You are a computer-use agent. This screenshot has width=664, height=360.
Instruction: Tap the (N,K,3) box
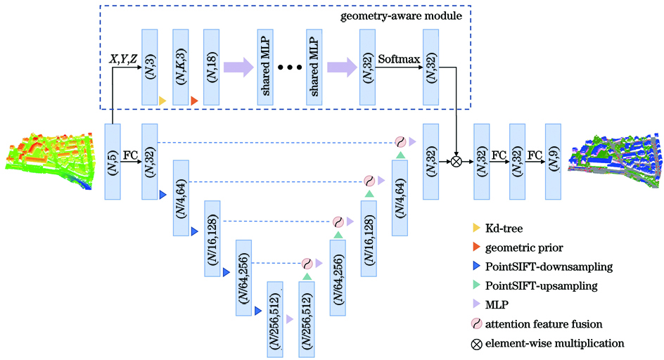pos(181,67)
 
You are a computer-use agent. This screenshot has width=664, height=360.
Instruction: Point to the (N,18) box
pos(212,67)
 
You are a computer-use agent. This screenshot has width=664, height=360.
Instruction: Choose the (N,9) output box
pos(552,162)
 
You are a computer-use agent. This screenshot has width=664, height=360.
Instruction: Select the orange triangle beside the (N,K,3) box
pos(194,101)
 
